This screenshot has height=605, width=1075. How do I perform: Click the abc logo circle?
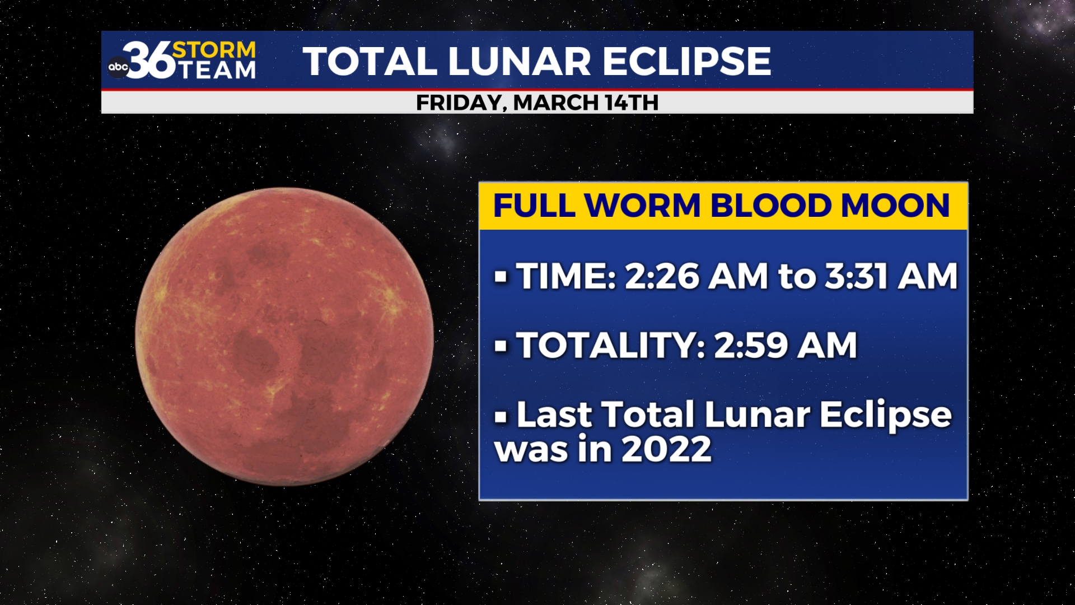(118, 67)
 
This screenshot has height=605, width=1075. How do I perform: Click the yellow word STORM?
(214, 49)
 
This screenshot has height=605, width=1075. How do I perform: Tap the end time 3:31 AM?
(891, 276)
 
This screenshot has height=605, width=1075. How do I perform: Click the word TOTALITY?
(607, 345)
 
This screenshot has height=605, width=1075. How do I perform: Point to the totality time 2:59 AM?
(786, 345)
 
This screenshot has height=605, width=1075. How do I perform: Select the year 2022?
(666, 448)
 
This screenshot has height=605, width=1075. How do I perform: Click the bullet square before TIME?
(501, 277)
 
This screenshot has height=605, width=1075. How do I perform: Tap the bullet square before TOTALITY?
(501, 346)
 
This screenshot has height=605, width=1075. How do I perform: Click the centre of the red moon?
(284, 337)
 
